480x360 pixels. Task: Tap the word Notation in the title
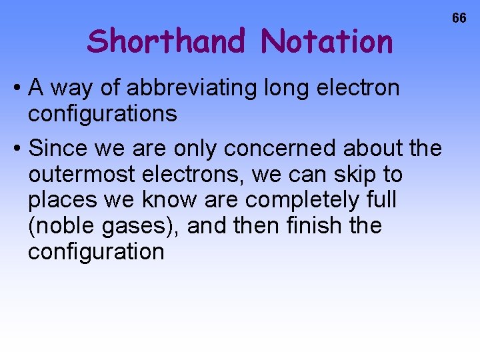[x=327, y=41]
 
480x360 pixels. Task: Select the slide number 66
[x=459, y=18]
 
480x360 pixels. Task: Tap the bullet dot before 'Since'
[x=20, y=148]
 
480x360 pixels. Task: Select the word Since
[x=58, y=147]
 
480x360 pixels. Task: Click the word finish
[x=311, y=226]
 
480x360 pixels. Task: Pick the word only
[x=198, y=147]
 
